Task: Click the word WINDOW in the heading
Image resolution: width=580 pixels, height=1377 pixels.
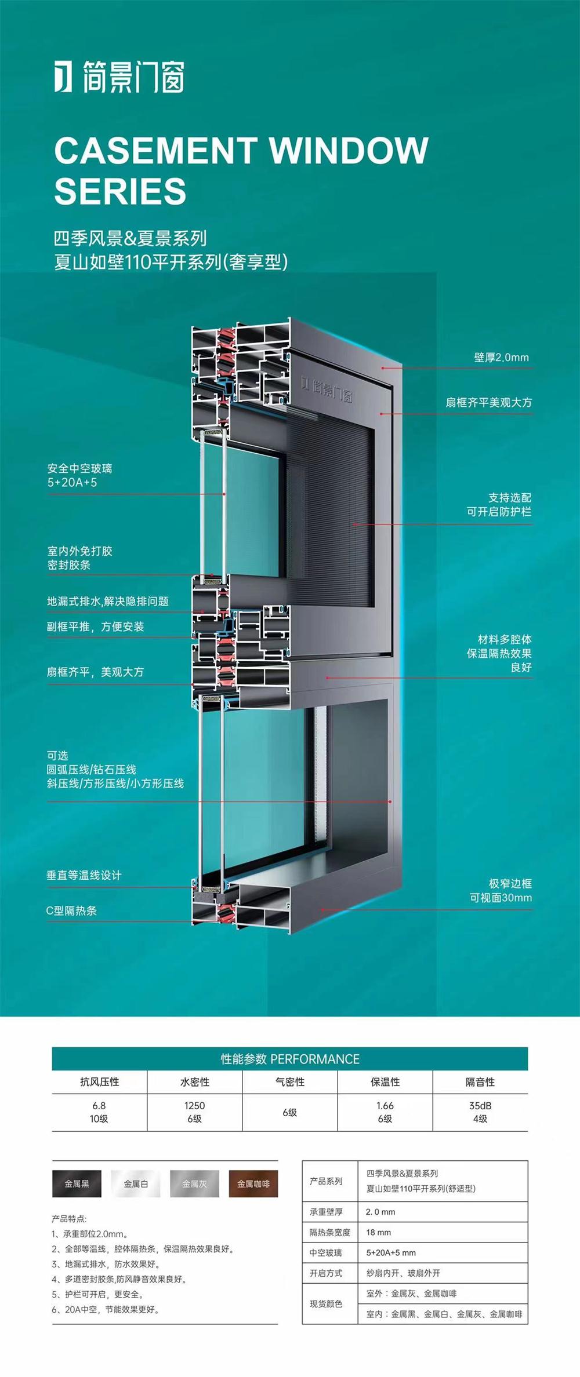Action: point(349,150)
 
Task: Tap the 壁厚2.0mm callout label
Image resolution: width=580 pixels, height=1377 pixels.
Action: point(501,357)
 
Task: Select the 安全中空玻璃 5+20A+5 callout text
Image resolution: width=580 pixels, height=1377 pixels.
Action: point(80,475)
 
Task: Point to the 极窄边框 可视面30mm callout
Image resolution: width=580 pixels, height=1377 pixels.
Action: point(501,890)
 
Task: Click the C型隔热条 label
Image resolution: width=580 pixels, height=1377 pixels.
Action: point(71,910)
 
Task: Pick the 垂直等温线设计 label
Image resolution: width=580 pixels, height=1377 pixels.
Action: point(84,875)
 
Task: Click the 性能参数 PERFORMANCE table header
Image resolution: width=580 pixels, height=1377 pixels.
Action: point(290,1059)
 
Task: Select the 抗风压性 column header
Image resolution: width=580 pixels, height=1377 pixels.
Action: point(99,1081)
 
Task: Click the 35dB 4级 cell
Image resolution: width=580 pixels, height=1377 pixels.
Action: point(480,1112)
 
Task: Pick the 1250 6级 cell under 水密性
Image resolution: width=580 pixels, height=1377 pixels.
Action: point(194,1112)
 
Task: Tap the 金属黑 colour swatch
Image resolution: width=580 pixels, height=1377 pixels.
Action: point(77,1183)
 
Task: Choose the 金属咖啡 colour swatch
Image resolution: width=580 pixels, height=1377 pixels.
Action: point(253,1183)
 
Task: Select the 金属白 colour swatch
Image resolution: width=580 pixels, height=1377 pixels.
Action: point(136,1183)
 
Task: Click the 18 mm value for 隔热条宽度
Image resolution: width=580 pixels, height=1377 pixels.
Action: point(378,1232)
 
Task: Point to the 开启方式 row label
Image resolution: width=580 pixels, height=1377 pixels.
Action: point(326,1273)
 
